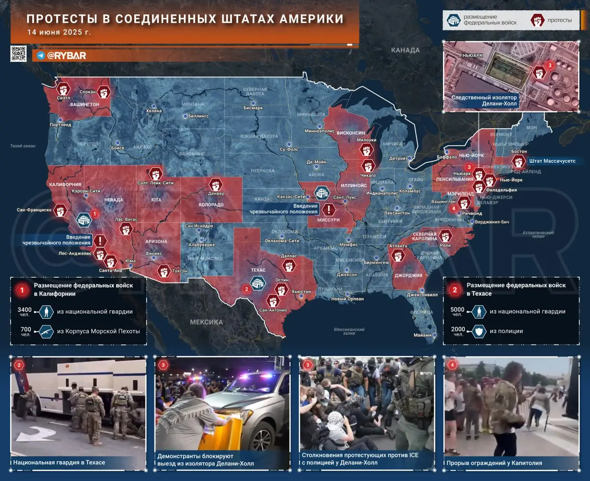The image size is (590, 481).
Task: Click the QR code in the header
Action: [18, 53]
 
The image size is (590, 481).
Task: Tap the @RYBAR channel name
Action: [66, 55]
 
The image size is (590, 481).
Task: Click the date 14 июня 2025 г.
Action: [59, 32]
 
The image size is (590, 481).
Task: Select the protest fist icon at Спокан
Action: [104, 92]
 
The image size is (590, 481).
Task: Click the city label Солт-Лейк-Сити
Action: [155, 183]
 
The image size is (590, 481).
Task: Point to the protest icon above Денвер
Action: [216, 184]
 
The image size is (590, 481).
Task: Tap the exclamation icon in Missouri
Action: [329, 210]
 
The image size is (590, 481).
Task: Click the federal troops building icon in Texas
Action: [257, 283]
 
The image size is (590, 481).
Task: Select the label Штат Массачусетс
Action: [552, 161]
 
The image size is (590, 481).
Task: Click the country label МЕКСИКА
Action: [206, 322]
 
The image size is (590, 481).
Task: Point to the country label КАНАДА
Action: [405, 50]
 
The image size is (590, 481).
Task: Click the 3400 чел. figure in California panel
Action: [25, 312]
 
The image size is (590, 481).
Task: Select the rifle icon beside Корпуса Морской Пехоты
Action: [46, 331]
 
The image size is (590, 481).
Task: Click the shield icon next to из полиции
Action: [479, 331]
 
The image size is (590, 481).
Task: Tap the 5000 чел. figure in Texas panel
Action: [457, 312]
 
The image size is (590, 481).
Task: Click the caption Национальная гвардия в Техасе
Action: [59, 462]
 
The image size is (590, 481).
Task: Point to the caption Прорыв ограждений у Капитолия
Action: [494, 463]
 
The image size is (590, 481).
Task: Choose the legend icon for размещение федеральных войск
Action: [454, 20]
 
